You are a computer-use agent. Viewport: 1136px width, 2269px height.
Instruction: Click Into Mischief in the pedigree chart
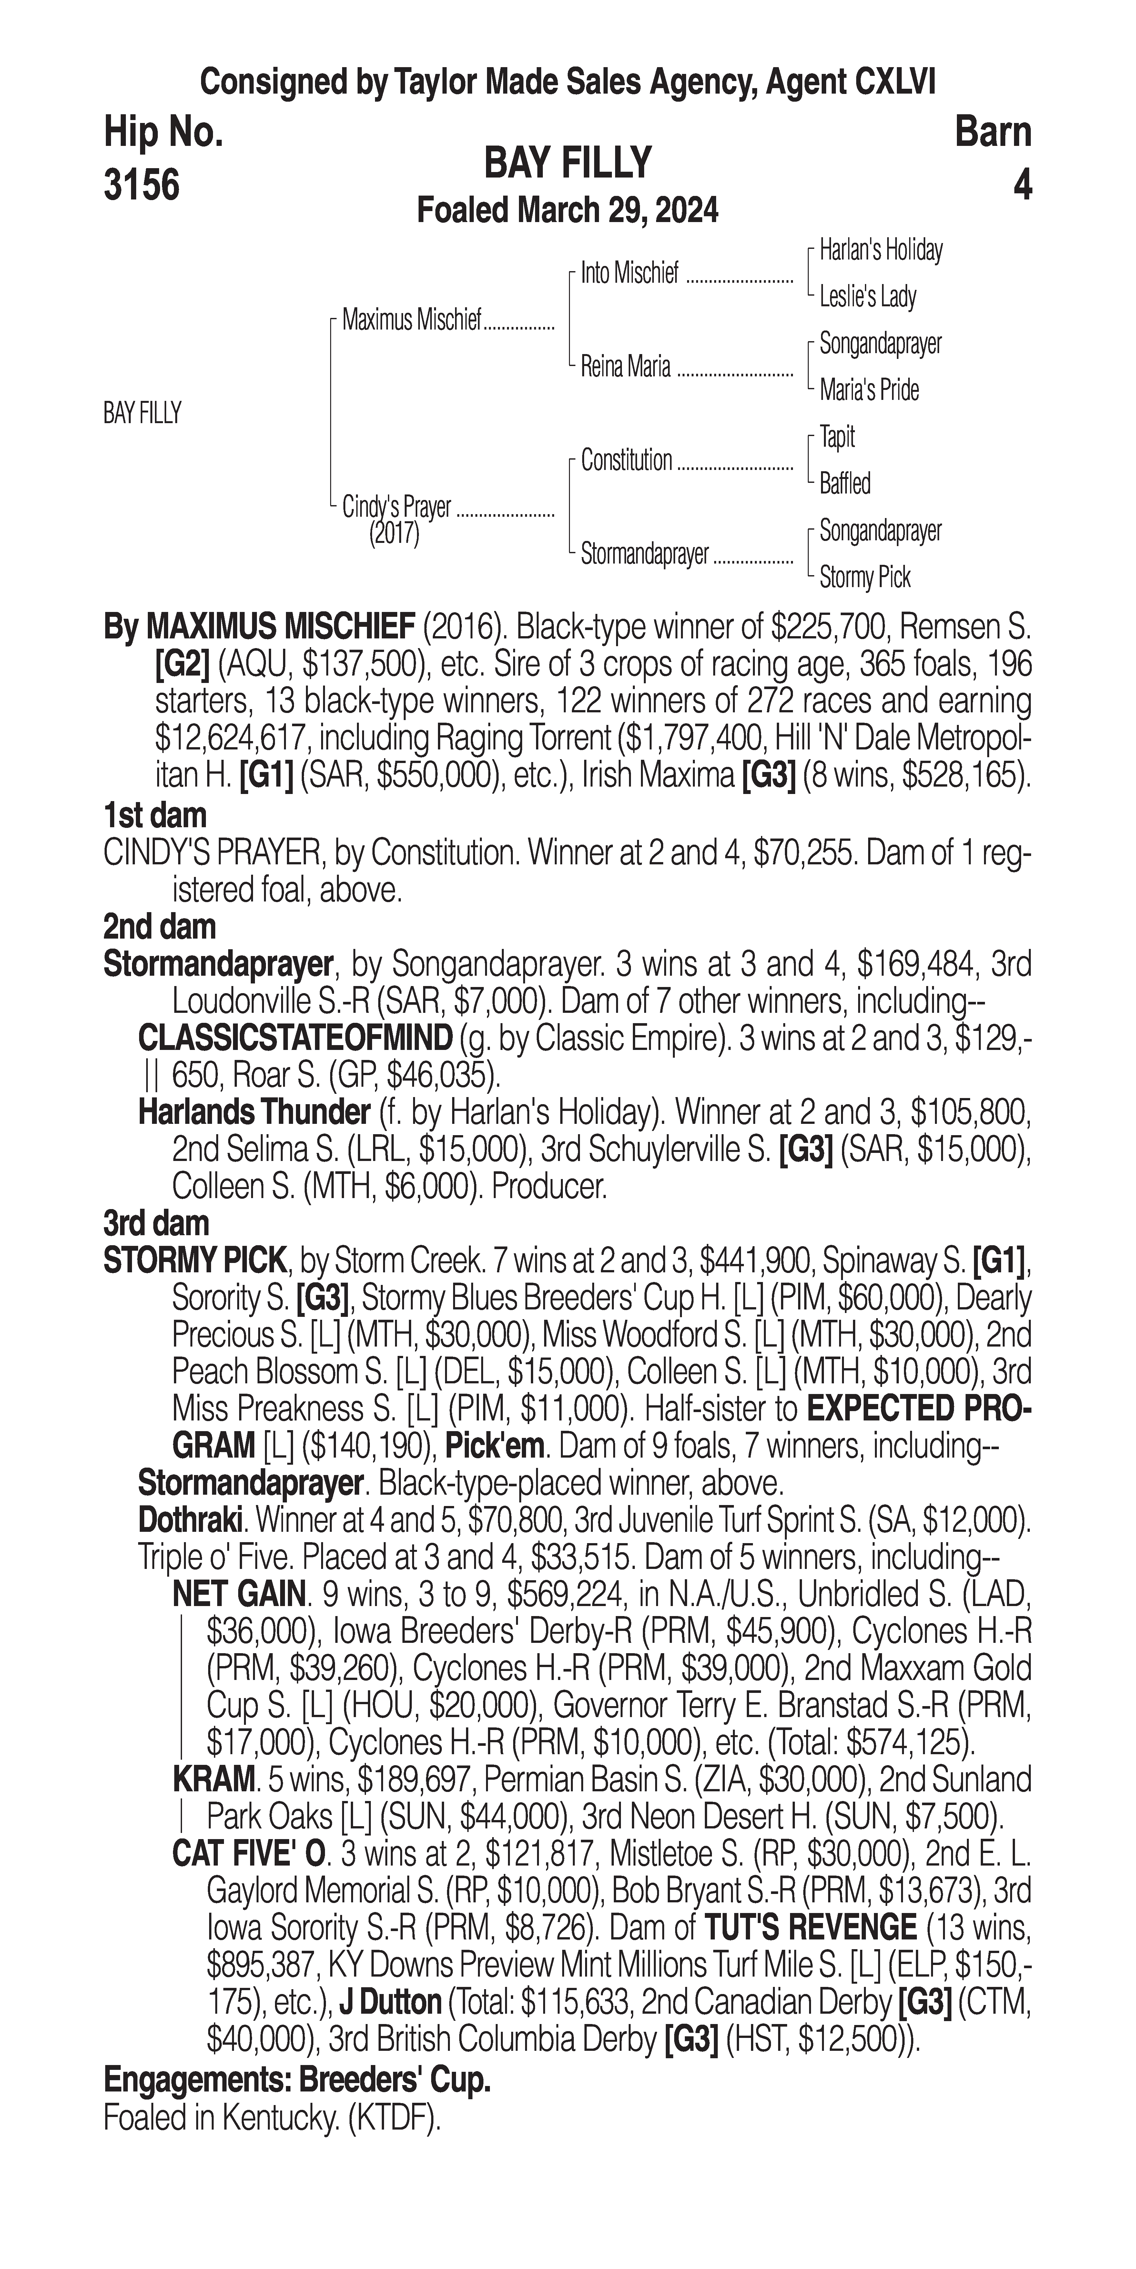click(x=630, y=274)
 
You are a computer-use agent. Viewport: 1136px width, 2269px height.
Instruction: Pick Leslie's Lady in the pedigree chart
click(x=867, y=297)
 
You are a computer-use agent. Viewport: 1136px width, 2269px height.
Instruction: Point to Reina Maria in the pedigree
click(x=625, y=366)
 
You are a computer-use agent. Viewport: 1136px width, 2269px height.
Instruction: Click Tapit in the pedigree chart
click(x=837, y=437)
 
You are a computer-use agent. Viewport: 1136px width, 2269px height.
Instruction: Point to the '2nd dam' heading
click(x=159, y=927)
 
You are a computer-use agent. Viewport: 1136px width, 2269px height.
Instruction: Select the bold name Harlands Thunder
click(x=254, y=1113)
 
